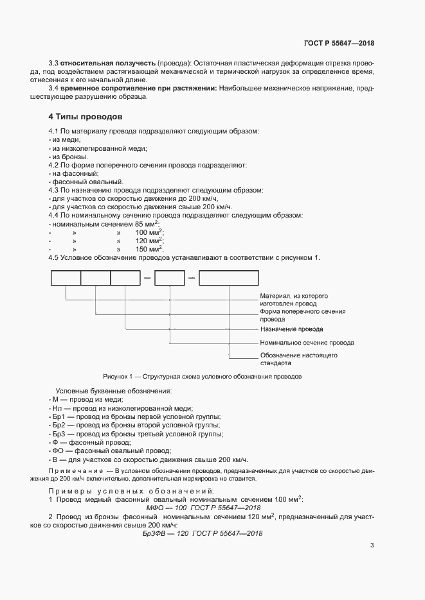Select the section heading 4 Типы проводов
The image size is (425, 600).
[81, 117]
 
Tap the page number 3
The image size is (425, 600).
[372, 545]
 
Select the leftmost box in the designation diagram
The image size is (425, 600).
[66, 278]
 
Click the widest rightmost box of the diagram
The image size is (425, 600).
[228, 278]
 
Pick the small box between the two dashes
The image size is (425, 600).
[170, 278]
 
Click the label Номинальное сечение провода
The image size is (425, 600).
[306, 343]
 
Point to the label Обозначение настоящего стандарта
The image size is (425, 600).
[298, 359]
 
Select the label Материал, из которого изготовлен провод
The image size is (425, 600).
[294, 300]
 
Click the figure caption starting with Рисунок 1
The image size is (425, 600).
[202, 377]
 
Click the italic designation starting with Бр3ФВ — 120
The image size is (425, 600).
[203, 533]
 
